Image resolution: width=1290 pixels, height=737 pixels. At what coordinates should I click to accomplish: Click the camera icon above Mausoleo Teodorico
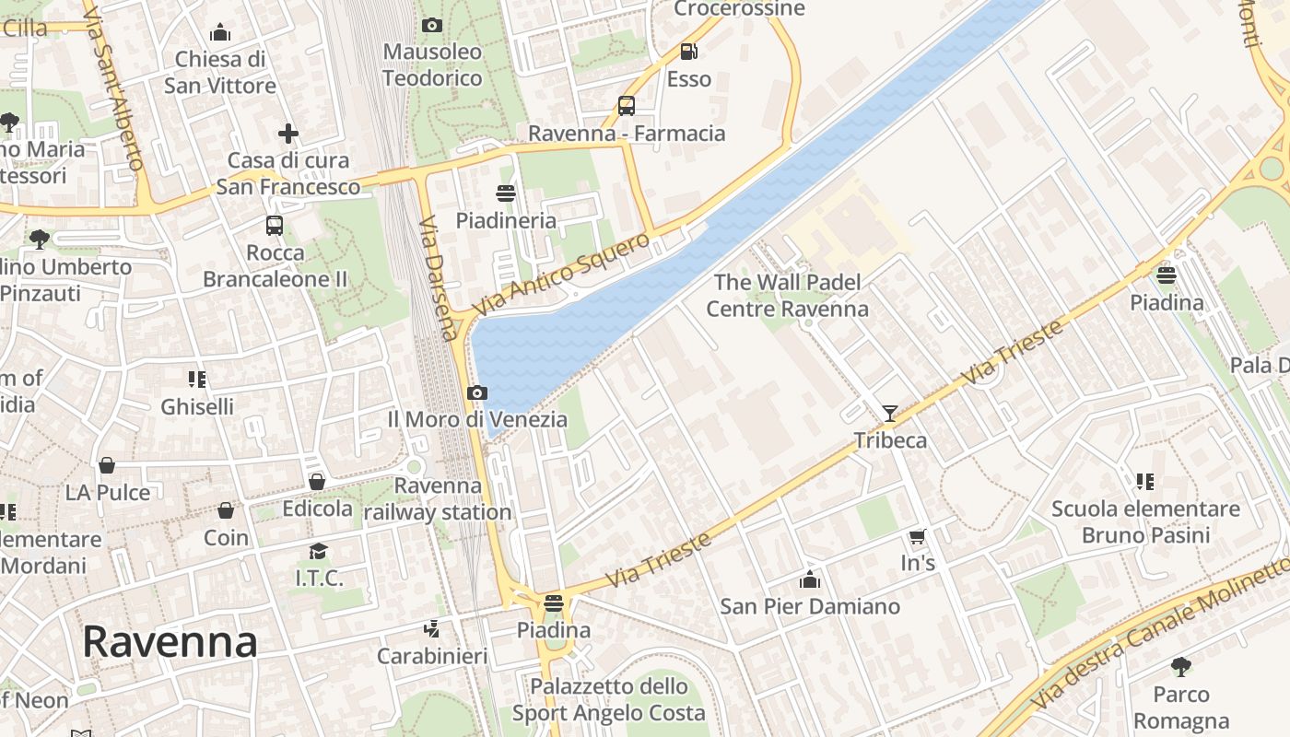click(431, 26)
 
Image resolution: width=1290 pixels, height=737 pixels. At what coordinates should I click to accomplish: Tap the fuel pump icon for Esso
click(688, 52)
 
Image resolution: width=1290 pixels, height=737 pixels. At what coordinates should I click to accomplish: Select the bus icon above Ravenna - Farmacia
click(627, 106)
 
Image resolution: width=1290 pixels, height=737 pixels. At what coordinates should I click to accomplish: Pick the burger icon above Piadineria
click(505, 193)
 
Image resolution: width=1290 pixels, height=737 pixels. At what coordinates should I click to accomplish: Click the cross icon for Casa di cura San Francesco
click(288, 134)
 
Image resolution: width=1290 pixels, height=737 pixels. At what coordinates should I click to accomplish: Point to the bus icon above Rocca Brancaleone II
click(275, 226)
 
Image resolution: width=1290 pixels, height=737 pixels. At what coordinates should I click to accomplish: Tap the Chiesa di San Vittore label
click(220, 73)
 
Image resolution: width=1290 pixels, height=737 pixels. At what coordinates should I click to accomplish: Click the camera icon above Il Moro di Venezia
click(476, 393)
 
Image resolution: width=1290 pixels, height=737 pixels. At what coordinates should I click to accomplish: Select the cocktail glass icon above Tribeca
click(890, 414)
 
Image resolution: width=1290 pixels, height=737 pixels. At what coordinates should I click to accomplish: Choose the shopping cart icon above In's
click(917, 536)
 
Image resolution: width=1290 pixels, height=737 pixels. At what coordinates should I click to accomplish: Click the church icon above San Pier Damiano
click(810, 579)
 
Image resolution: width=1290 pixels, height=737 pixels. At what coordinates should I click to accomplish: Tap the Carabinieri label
click(432, 657)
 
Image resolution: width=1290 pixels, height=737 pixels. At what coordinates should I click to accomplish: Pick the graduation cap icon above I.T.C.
click(319, 551)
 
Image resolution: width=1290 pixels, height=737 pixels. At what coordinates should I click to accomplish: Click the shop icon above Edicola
click(317, 482)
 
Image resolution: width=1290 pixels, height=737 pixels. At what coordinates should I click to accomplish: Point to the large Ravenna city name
click(170, 641)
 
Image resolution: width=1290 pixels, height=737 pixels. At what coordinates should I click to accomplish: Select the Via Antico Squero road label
click(562, 274)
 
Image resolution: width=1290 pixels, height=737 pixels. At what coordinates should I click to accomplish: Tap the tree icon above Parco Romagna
click(1181, 667)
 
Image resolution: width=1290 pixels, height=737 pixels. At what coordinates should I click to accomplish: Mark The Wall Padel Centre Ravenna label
click(787, 296)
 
